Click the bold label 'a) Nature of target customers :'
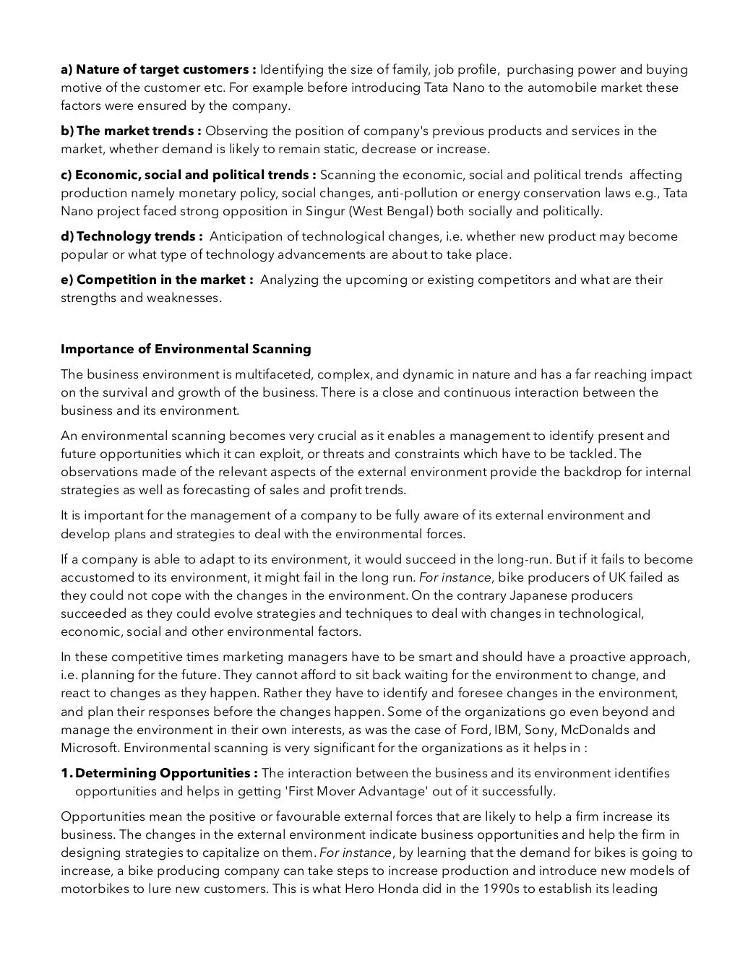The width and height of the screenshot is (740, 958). coord(158,70)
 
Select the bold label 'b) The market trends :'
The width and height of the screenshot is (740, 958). coord(131,131)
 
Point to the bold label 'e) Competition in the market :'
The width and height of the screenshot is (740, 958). coord(157,280)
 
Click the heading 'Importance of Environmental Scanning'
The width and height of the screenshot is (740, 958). coord(186,349)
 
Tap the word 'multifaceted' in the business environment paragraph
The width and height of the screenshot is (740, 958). coord(257,374)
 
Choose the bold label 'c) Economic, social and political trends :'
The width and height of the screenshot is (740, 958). coord(189,175)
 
